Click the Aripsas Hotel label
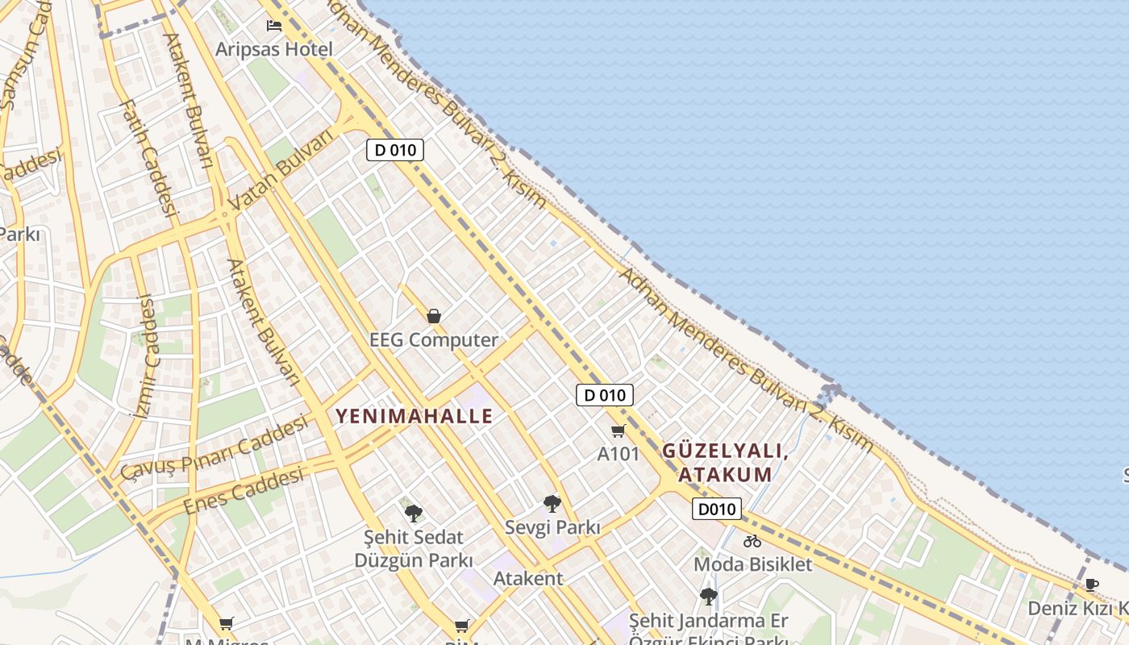tap(273, 49)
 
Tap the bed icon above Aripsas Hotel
tap(274, 26)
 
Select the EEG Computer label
tap(434, 339)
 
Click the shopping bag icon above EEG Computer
tap(434, 316)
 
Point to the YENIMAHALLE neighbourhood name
tap(414, 416)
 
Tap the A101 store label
tap(618, 454)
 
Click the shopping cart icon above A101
tap(619, 431)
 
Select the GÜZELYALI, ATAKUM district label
tap(724, 463)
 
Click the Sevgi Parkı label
tap(552, 527)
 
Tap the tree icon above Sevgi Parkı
tap(552, 505)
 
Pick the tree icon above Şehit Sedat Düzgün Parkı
tap(414, 513)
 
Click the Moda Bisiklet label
tap(752, 564)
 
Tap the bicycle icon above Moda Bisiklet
tap(752, 541)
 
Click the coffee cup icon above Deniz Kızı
tap(1091, 585)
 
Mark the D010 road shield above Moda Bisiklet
tap(716, 509)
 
